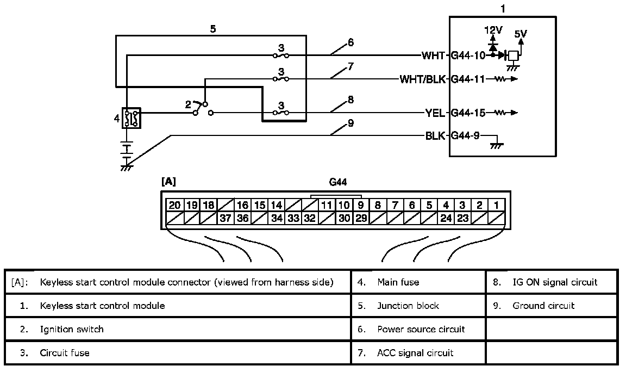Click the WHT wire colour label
click(x=433, y=55)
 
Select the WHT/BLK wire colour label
click(x=423, y=79)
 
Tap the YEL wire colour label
click(x=435, y=113)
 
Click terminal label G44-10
click(x=468, y=55)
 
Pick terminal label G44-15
click(x=468, y=113)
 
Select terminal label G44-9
click(x=466, y=136)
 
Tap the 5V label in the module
click(x=520, y=34)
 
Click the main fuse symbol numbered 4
click(x=131, y=117)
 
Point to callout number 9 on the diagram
click(x=350, y=123)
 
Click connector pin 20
click(x=174, y=205)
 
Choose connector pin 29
click(x=361, y=219)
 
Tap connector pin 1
click(x=497, y=205)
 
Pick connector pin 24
click(x=446, y=219)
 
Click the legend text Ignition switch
click(x=72, y=329)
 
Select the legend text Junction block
click(x=408, y=306)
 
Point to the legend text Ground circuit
click(x=543, y=306)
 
